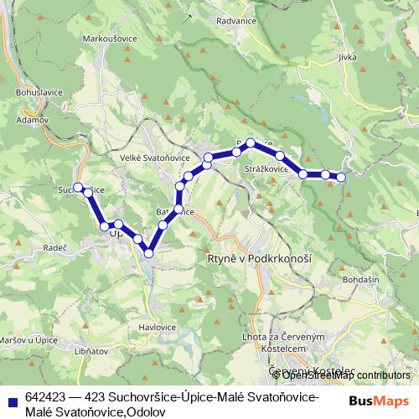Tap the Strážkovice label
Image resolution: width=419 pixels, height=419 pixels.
(266, 168)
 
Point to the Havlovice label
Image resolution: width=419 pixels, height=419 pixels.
(157, 327)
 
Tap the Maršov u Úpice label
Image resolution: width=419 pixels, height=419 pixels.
(28, 339)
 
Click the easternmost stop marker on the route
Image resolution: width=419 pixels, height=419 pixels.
(341, 176)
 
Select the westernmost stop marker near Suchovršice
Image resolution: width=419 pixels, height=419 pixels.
(78, 188)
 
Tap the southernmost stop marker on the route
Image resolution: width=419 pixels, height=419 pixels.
(149, 252)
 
